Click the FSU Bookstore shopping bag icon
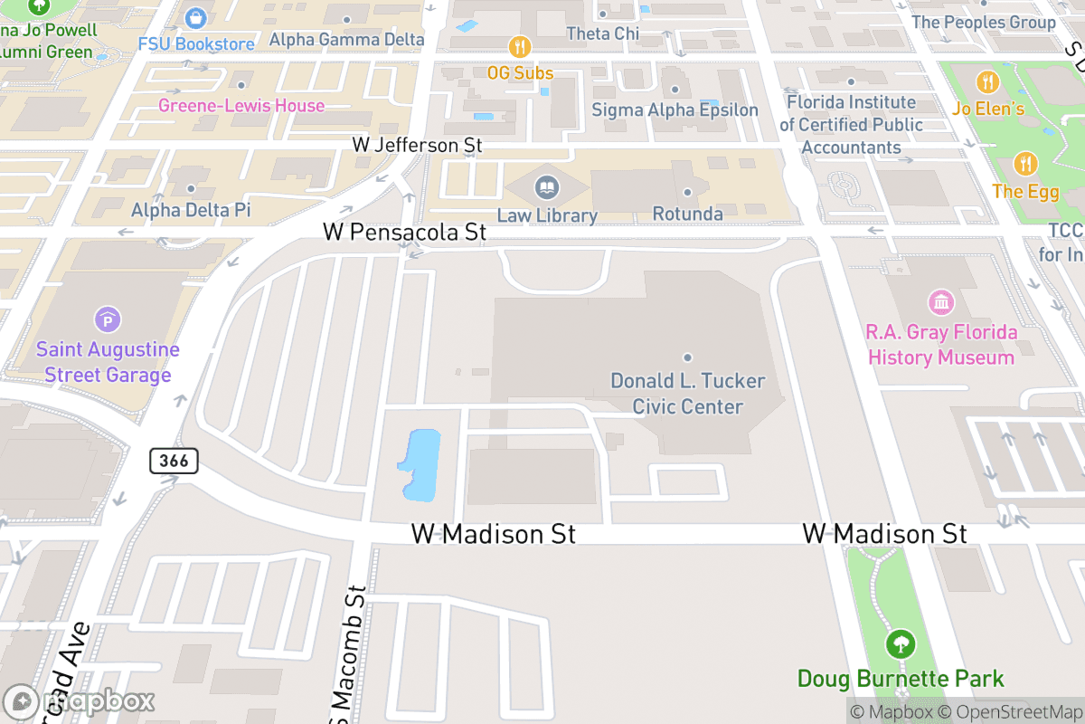(x=196, y=17)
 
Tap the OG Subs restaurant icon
(x=520, y=46)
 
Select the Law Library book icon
(x=547, y=188)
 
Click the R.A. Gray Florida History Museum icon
(x=941, y=301)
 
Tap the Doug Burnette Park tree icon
(x=900, y=645)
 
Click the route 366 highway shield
(x=174, y=461)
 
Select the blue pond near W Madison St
(x=419, y=464)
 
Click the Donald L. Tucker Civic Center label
(x=687, y=394)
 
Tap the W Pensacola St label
(x=404, y=233)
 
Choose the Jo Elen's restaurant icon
(x=988, y=82)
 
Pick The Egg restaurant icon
(x=1024, y=164)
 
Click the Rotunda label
(x=687, y=214)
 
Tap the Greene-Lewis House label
(x=241, y=106)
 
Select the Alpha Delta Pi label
(x=191, y=211)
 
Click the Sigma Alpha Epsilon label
(x=675, y=110)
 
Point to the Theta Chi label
(x=602, y=33)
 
